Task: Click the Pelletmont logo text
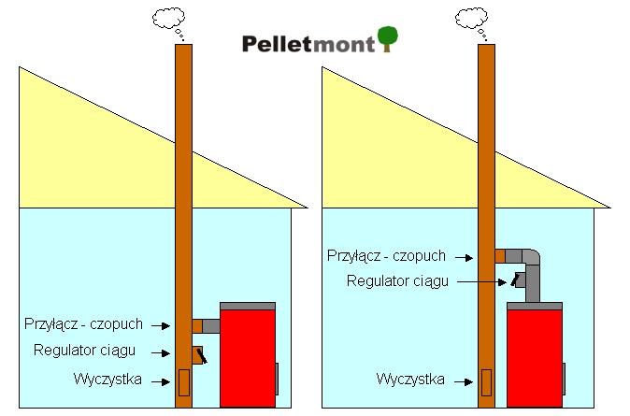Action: [308, 43]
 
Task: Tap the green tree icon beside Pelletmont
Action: [388, 39]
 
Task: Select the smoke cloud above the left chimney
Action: [169, 19]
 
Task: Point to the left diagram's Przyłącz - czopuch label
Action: [84, 324]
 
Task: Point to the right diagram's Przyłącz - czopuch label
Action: [386, 255]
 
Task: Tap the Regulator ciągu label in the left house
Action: [85, 351]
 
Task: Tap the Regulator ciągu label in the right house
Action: [397, 280]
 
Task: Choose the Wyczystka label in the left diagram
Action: [107, 379]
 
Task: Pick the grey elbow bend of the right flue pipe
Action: [530, 259]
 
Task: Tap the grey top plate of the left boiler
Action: [248, 306]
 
